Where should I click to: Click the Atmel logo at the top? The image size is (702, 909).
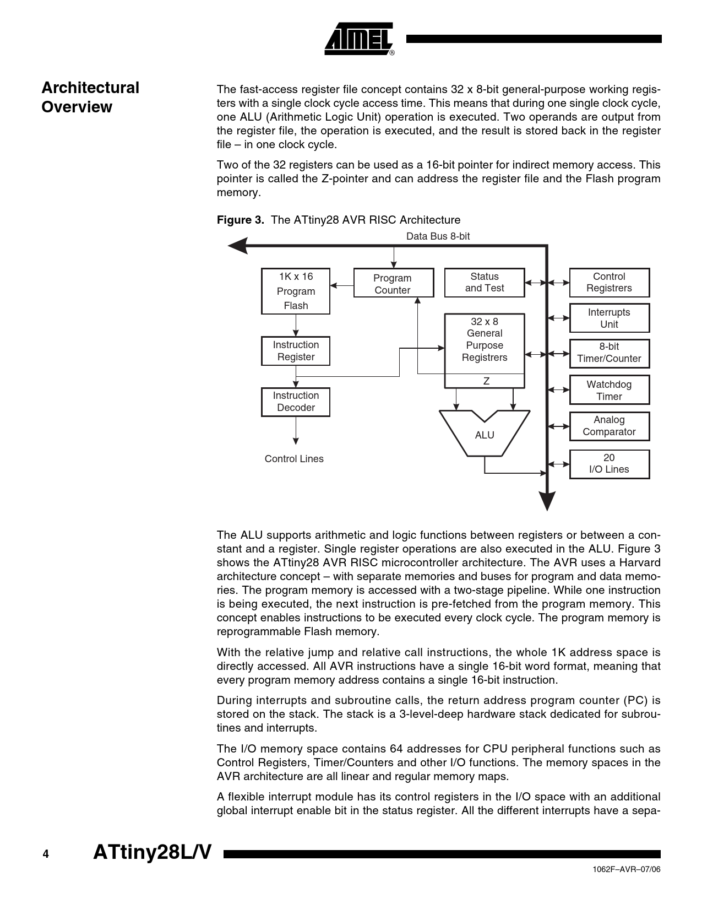360,39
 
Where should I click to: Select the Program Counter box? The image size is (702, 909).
393,284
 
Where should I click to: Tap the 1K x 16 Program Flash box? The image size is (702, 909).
296,291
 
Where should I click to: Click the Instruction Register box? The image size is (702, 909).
296,351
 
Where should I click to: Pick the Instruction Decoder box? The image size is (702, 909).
296,402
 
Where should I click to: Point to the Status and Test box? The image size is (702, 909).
485,283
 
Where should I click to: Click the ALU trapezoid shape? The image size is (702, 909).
485,435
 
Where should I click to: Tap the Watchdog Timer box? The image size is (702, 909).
609,390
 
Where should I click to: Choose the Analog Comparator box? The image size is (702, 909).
609,426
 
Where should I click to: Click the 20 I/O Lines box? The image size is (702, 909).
609,464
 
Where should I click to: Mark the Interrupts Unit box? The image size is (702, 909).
609,318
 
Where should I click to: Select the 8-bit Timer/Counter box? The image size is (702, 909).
609,353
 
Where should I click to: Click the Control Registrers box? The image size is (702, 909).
609,283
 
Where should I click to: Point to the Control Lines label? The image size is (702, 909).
294,459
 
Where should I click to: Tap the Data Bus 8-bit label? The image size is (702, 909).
438,236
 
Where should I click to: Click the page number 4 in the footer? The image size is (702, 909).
46,854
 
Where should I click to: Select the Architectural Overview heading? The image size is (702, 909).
90,97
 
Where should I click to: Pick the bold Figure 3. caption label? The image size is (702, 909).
241,220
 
